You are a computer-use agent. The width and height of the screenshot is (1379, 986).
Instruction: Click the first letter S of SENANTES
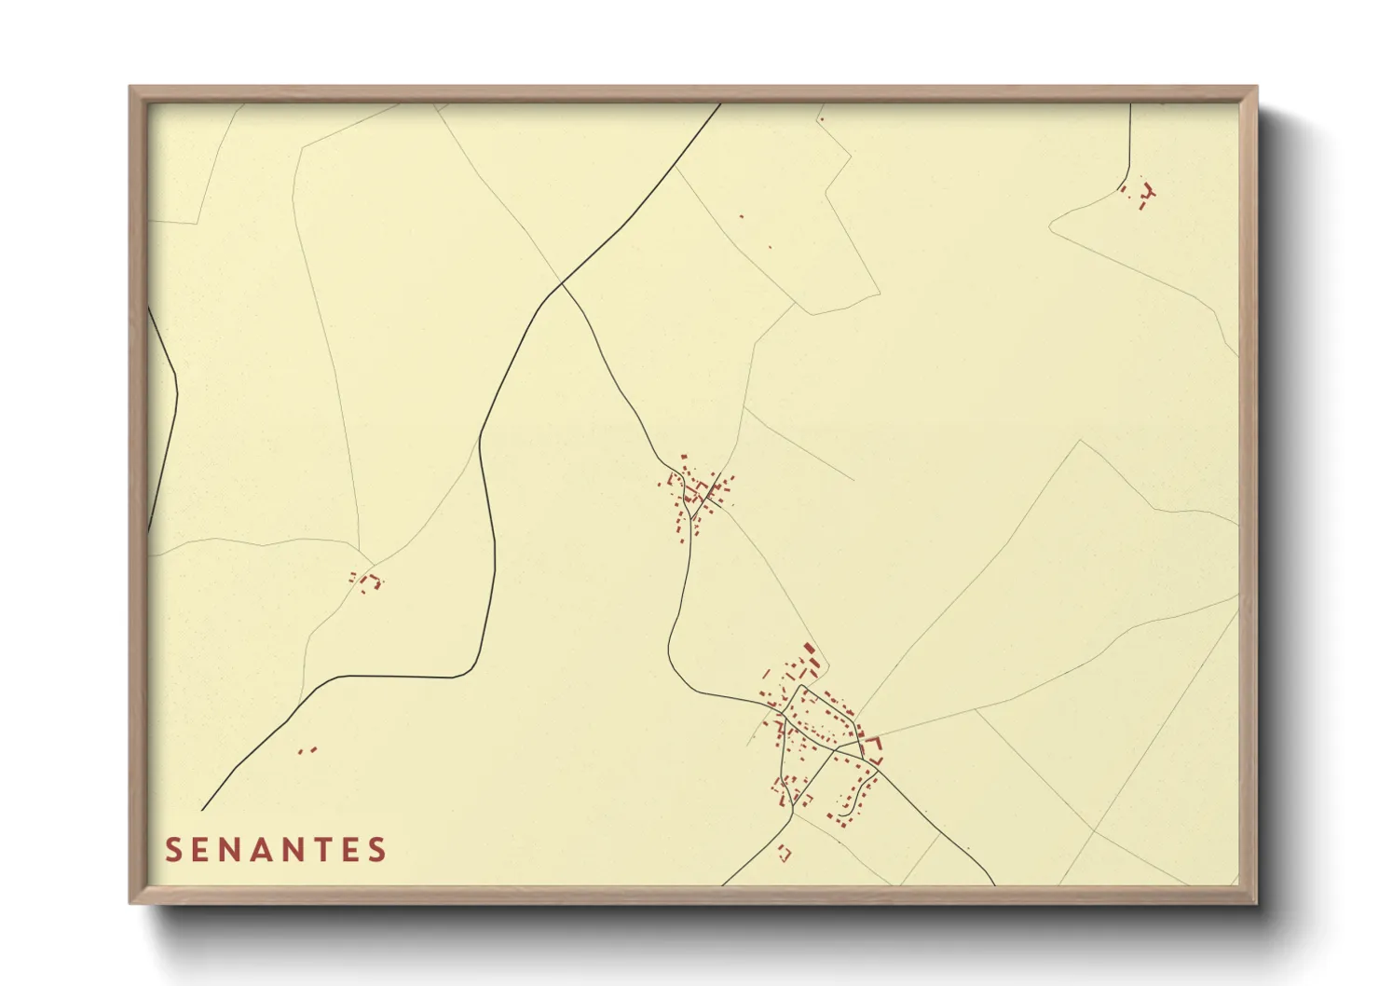coord(172,850)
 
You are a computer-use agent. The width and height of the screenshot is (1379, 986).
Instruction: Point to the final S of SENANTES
coord(377,850)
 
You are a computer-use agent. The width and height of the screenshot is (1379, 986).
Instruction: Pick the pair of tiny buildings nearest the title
coord(307,750)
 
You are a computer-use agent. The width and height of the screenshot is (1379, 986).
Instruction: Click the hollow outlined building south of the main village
coord(785,852)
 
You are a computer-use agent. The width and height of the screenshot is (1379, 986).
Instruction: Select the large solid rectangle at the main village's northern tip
coord(809,649)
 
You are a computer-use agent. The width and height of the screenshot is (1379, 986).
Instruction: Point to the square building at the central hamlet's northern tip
coord(685,456)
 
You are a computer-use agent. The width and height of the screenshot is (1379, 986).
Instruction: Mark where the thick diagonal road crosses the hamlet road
coord(562,285)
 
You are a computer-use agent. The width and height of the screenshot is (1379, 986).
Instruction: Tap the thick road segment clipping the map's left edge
coord(166,419)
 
